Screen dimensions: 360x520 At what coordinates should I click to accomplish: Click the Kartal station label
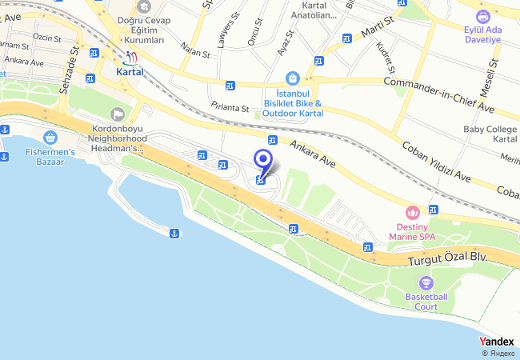(130, 70)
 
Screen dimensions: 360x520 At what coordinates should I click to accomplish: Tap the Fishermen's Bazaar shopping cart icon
(51, 137)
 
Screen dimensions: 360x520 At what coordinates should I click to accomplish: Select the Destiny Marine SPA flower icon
(413, 213)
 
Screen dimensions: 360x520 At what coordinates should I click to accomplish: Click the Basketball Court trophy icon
(426, 282)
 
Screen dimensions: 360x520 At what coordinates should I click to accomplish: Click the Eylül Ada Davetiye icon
(482, 16)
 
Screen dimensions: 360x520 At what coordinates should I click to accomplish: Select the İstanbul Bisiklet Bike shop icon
(293, 78)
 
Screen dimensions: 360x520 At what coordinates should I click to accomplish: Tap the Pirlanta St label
(231, 107)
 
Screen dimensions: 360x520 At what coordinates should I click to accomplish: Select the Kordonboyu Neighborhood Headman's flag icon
(118, 114)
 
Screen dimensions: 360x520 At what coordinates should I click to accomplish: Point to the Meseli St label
(494, 75)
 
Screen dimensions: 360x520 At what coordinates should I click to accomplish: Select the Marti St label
(375, 33)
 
